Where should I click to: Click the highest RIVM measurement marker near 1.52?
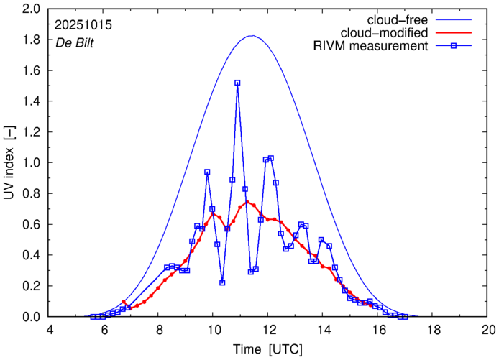pyautogui.click(x=237, y=83)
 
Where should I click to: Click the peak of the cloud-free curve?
pyautogui.click(x=250, y=36)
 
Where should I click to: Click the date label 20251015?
pyautogui.click(x=83, y=24)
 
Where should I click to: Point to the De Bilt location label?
pyautogui.click(x=75, y=43)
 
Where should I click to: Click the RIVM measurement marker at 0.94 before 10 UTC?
pyautogui.click(x=207, y=172)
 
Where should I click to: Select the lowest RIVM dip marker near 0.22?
pyautogui.click(x=222, y=283)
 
